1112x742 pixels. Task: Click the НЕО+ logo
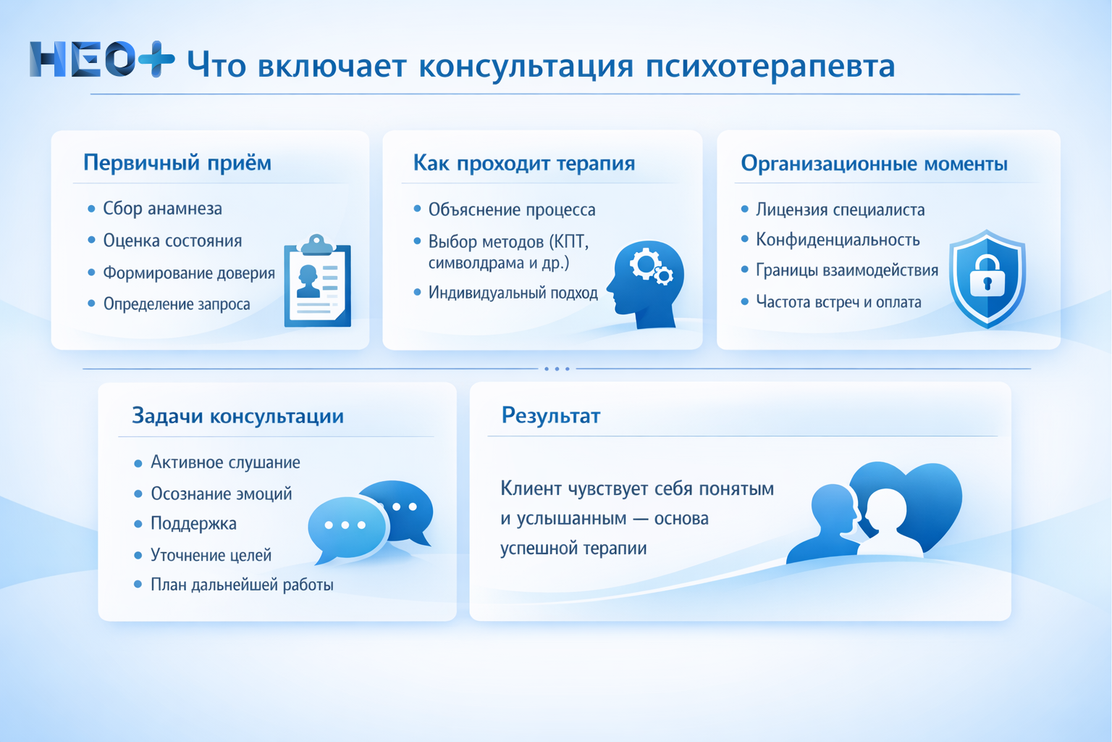tap(101, 59)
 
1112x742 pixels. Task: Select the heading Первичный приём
tap(177, 162)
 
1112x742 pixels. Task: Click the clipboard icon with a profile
tap(317, 283)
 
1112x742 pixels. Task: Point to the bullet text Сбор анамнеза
tap(162, 209)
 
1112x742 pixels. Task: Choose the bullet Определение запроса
tap(177, 304)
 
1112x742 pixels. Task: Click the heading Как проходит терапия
tap(523, 163)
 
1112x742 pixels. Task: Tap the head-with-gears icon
tap(646, 283)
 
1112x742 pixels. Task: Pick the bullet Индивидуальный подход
tap(513, 293)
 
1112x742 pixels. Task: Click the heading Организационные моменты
tap(874, 164)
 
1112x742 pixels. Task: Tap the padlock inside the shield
tap(987, 277)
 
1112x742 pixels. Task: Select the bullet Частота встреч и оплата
tap(838, 302)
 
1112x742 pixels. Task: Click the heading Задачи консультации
tap(237, 416)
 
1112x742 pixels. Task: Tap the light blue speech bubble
tap(346, 528)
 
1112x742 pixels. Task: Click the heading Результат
tap(551, 416)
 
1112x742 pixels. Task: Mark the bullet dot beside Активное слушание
tap(138, 463)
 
